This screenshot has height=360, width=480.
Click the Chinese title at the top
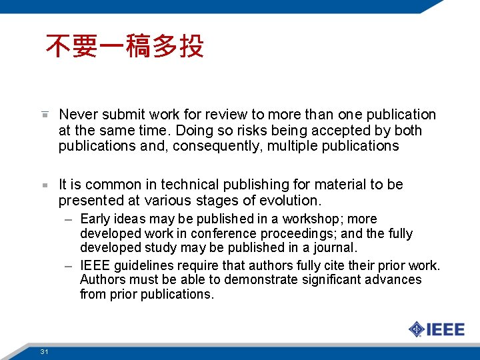point(125,47)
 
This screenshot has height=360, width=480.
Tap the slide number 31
point(44,351)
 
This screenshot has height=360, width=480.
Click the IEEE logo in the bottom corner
point(437,329)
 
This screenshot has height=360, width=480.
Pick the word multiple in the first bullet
point(293,146)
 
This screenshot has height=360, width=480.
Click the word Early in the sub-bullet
point(94,219)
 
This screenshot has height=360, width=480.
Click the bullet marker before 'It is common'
point(45,185)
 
